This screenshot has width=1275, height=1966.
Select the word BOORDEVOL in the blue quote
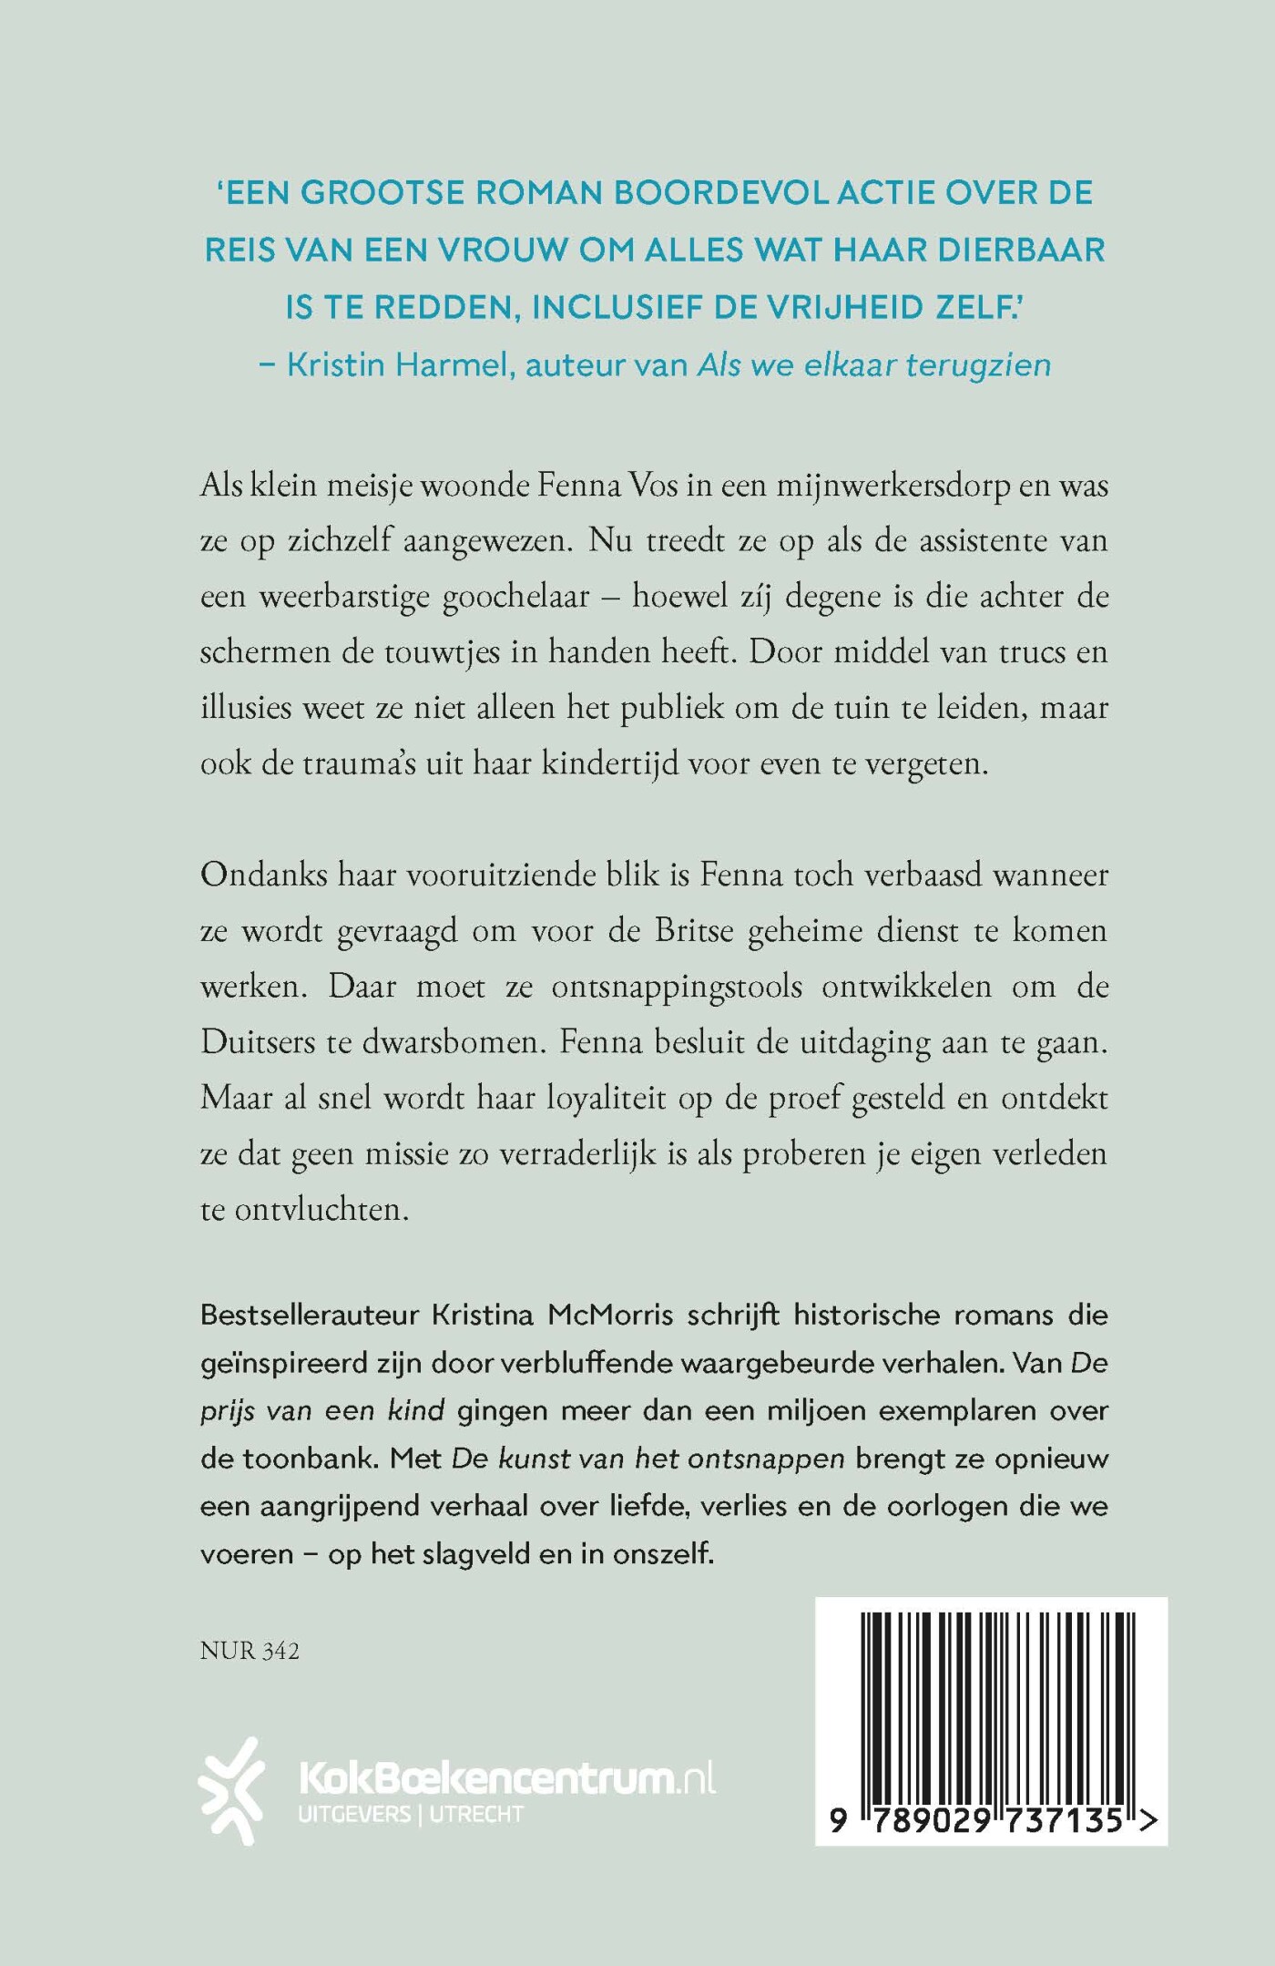click(726, 193)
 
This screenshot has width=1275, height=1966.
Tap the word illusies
click(250, 707)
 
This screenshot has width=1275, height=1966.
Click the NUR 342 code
click(250, 1651)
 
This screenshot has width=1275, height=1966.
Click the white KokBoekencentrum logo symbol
click(232, 1790)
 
